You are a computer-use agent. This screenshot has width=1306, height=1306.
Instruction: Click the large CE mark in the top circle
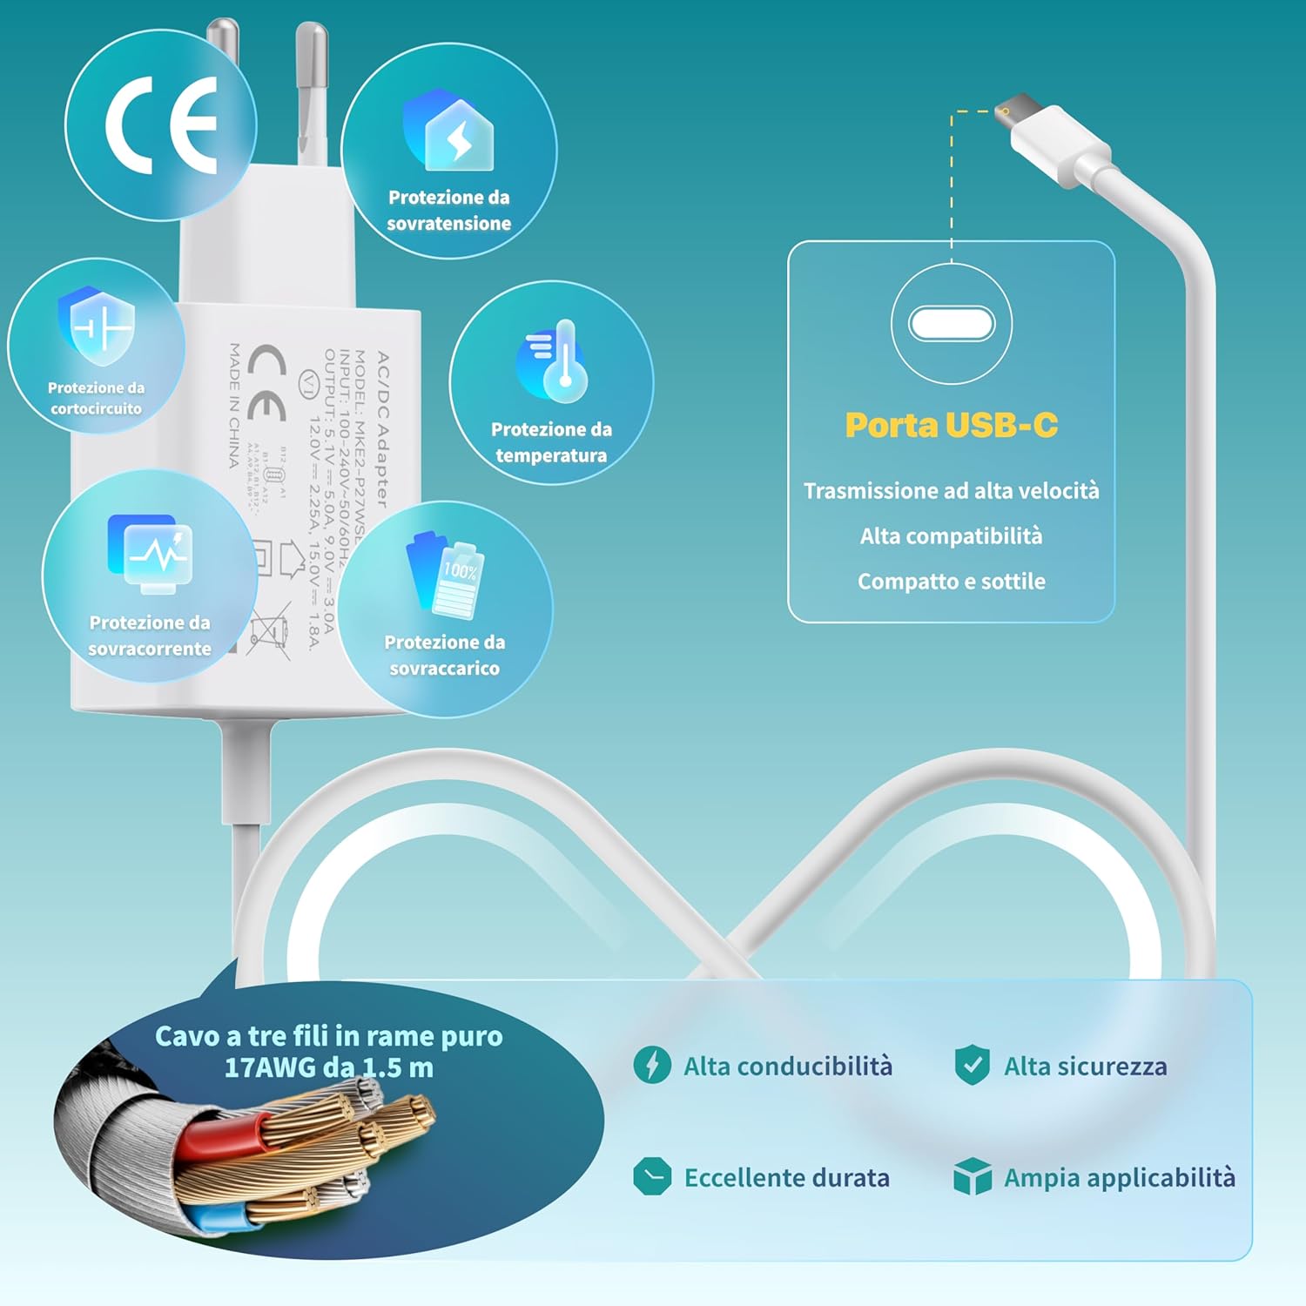pyautogui.click(x=161, y=125)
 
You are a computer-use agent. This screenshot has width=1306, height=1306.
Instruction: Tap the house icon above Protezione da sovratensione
pyautogui.click(x=449, y=131)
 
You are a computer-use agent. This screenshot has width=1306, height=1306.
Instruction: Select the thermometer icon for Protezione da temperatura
pyautogui.click(x=555, y=360)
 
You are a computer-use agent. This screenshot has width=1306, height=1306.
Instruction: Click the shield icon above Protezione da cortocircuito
pyautogui.click(x=97, y=325)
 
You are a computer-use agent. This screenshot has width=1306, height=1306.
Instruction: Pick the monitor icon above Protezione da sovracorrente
pyautogui.click(x=151, y=554)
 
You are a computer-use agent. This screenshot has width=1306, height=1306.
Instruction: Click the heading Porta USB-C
pyautogui.click(x=951, y=425)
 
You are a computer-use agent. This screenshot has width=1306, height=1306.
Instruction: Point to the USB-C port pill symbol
pyautogui.click(x=951, y=324)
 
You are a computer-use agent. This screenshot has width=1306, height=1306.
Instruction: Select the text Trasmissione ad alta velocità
pyautogui.click(x=951, y=491)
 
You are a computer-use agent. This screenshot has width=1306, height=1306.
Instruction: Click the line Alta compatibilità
pyautogui.click(x=951, y=536)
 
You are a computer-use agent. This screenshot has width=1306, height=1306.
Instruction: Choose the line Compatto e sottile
pyautogui.click(x=951, y=582)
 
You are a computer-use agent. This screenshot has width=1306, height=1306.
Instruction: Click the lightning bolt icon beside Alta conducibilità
pyautogui.click(x=652, y=1065)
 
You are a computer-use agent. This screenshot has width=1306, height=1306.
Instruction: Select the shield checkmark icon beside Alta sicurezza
pyautogui.click(x=972, y=1065)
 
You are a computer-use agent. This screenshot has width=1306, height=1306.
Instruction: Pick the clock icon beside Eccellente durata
pyautogui.click(x=652, y=1176)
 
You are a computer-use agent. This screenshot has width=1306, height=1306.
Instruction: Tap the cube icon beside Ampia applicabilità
pyautogui.click(x=972, y=1176)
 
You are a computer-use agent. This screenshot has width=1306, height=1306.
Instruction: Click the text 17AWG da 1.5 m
pyautogui.click(x=328, y=1068)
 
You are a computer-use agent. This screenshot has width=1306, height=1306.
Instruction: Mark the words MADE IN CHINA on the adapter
pyautogui.click(x=234, y=406)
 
